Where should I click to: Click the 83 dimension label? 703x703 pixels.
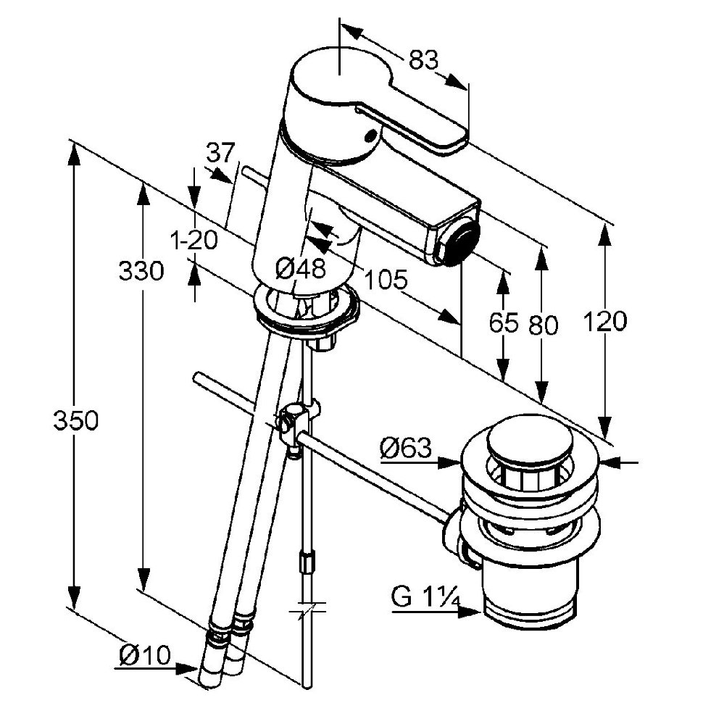(423, 60)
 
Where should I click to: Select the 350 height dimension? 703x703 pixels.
(75, 420)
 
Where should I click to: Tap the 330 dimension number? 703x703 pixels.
(141, 271)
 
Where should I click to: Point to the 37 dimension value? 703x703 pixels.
(221, 153)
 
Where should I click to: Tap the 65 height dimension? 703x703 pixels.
(503, 323)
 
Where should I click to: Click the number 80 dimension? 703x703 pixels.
(543, 325)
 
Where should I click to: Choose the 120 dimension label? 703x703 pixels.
(606, 321)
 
